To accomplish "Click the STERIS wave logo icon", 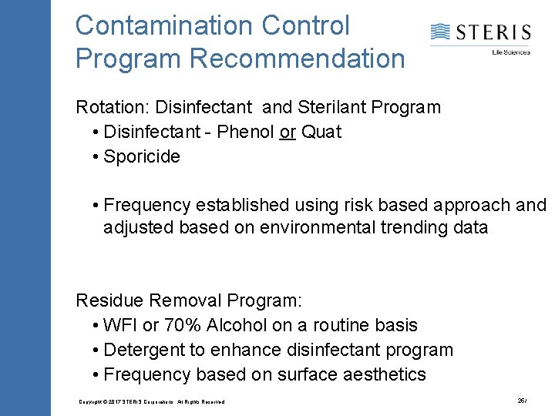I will (440, 32).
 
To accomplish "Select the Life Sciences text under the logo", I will (511, 52).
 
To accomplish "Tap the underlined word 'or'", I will (288, 132).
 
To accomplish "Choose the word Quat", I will (321, 132).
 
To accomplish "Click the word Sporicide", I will (142, 156).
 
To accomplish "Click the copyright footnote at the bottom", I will (152, 402).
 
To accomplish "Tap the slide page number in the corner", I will (523, 401).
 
